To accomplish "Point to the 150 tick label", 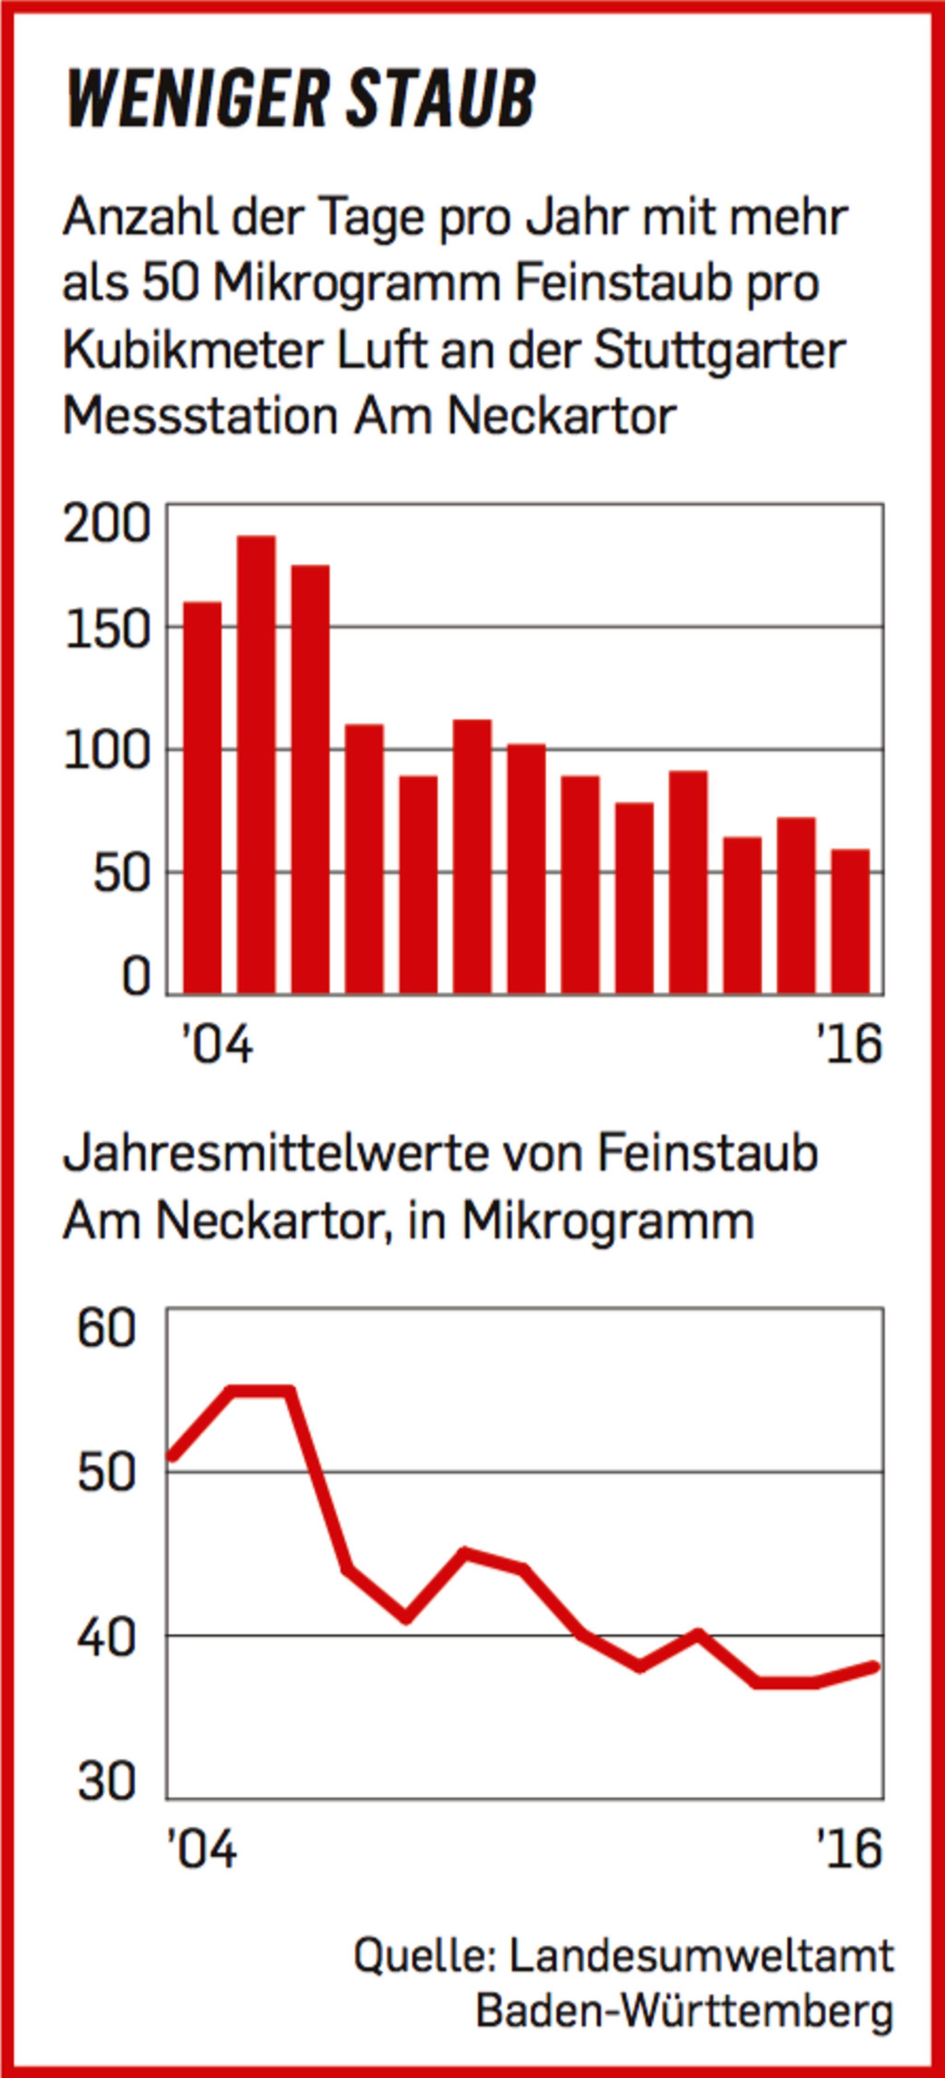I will pos(108,630).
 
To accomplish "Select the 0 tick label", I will pos(136,977).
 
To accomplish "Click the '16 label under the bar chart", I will pos(849,1045).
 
